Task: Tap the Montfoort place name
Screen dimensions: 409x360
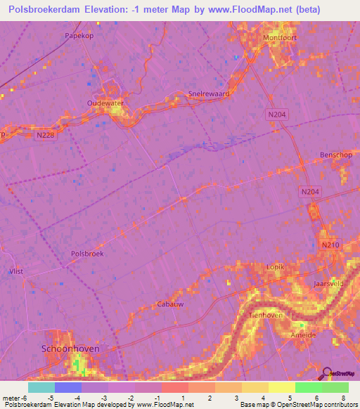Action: pos(262,39)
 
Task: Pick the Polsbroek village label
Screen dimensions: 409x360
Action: pos(87,254)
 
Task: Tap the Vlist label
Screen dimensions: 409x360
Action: pos(15,271)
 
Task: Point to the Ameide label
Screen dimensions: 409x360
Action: pos(304,335)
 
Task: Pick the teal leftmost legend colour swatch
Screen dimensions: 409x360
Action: pos(41,387)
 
